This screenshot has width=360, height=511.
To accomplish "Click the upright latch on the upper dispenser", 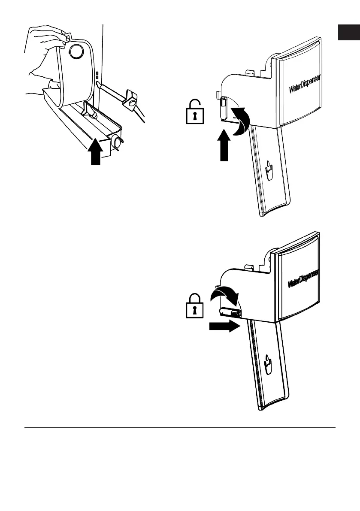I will (x=224, y=107).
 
